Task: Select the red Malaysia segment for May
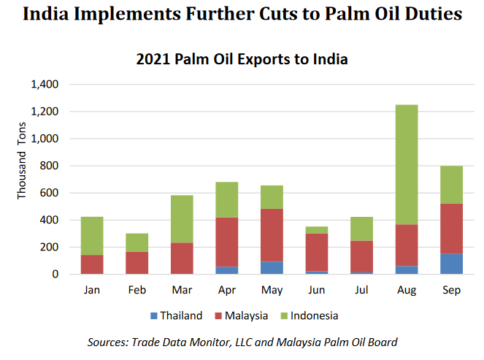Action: tap(271, 234)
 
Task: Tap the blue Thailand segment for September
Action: tap(451, 264)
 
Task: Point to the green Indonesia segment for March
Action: tap(181, 219)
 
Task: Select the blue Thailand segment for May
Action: tap(271, 267)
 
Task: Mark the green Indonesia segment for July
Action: tap(361, 229)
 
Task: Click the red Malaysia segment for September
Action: tap(451, 229)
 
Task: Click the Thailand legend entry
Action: tap(176, 315)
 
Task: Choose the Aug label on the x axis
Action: tap(407, 290)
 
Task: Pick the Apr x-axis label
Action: tap(226, 290)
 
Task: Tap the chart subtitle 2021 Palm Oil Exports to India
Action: tap(242, 59)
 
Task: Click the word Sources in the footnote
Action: tap(107, 341)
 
